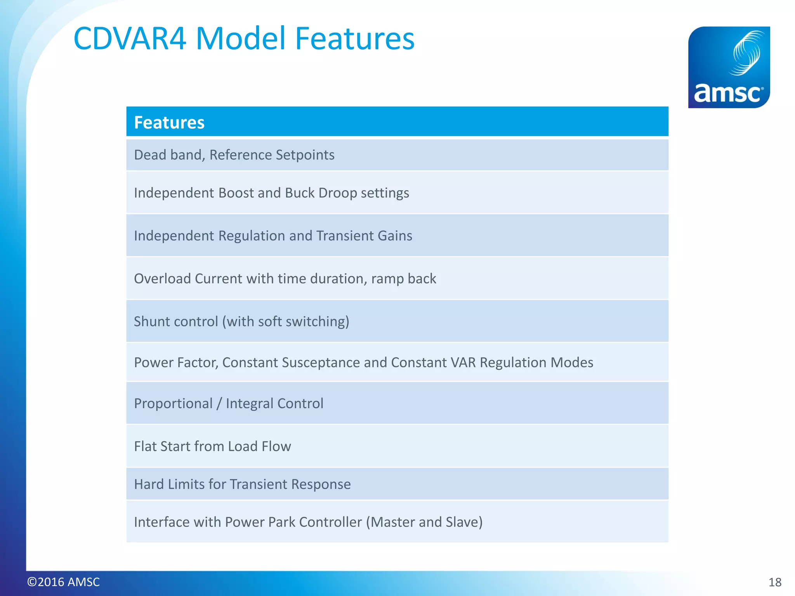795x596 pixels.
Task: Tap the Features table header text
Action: (x=169, y=123)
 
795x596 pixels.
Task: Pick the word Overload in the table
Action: (x=162, y=279)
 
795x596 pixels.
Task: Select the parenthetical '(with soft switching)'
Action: (x=286, y=322)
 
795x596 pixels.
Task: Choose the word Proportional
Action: (x=173, y=404)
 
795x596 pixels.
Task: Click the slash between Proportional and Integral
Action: (x=219, y=404)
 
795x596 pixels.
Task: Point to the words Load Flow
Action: (x=259, y=446)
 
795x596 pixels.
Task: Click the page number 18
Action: (x=775, y=582)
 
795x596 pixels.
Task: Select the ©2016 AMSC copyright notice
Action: (x=63, y=582)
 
